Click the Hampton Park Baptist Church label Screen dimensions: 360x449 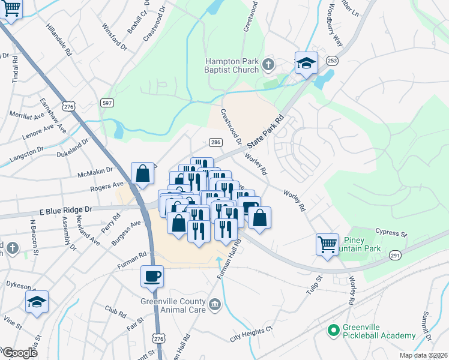click(x=231, y=65)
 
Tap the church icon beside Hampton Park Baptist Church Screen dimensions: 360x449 click(x=268, y=64)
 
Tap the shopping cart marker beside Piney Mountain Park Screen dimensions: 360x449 click(x=327, y=244)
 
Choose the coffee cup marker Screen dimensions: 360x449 click(x=151, y=277)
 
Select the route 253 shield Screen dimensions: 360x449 click(x=331, y=61)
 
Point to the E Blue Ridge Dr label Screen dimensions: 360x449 click(x=65, y=210)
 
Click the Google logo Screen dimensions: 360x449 click(x=19, y=353)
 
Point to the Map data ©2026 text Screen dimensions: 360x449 click(x=423, y=355)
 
